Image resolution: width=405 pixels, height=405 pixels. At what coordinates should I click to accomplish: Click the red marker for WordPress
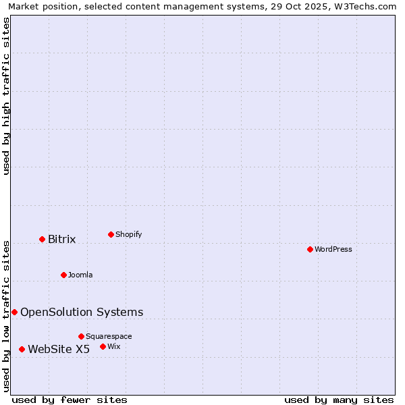(x=310, y=249)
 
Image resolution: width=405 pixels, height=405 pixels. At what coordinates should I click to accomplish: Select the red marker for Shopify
(x=111, y=234)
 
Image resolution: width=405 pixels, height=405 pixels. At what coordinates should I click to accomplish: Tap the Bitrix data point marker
(x=42, y=239)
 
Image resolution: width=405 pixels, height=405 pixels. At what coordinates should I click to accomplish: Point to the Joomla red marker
(x=63, y=275)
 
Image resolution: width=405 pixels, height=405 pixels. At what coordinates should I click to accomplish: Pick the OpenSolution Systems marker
(x=14, y=312)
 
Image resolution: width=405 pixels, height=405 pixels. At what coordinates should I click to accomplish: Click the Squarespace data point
(x=81, y=336)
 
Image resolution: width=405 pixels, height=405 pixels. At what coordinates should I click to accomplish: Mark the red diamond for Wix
(x=103, y=346)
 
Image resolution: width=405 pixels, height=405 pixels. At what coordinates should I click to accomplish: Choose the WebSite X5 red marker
(x=22, y=349)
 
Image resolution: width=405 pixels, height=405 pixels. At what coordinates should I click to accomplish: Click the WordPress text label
(x=333, y=250)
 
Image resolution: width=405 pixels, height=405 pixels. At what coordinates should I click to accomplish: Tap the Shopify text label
(x=129, y=235)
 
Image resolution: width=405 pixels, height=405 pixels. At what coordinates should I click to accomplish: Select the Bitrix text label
(x=62, y=240)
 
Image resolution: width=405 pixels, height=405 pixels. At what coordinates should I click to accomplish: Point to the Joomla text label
(x=80, y=275)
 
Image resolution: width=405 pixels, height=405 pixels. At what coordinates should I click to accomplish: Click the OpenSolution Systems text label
(x=82, y=312)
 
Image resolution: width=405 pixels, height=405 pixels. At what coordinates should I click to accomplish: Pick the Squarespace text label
(x=109, y=337)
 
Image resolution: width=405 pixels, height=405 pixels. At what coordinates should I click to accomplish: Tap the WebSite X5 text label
(x=59, y=349)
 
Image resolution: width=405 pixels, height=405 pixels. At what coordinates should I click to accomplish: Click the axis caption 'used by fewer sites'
(x=70, y=400)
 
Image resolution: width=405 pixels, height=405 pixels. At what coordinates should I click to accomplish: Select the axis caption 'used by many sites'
(x=339, y=400)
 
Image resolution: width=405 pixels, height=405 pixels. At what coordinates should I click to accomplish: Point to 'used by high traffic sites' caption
(x=7, y=96)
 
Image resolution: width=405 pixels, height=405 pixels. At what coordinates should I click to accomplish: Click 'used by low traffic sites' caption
(x=7, y=315)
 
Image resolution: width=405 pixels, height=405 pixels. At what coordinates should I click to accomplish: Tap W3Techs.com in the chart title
(x=363, y=7)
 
